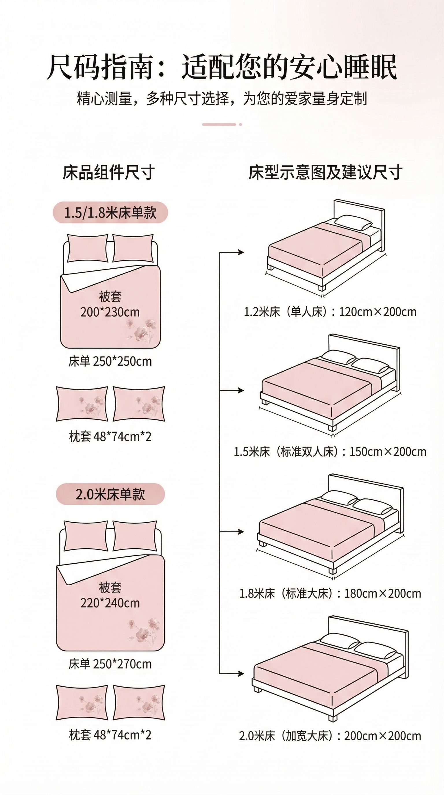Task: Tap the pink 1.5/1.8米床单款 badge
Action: pyautogui.click(x=110, y=213)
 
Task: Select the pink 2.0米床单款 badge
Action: pyautogui.click(x=110, y=494)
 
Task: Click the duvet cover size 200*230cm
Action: pyautogui.click(x=110, y=312)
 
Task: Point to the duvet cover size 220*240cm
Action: pyautogui.click(x=110, y=603)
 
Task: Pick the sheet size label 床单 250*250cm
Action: pyautogui.click(x=110, y=361)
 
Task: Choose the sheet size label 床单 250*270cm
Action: pyautogui.click(x=110, y=664)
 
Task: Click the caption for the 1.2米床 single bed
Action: pyautogui.click(x=330, y=312)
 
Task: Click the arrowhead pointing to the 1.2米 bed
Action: pyautogui.click(x=241, y=252)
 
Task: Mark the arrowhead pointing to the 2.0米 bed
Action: pyautogui.click(x=241, y=673)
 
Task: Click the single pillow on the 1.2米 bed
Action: pyautogui.click(x=354, y=222)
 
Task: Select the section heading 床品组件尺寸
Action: pyautogui.click(x=109, y=172)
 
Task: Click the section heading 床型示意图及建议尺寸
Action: pyautogui.click(x=325, y=172)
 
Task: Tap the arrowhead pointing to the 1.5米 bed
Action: pyautogui.click(x=241, y=390)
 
